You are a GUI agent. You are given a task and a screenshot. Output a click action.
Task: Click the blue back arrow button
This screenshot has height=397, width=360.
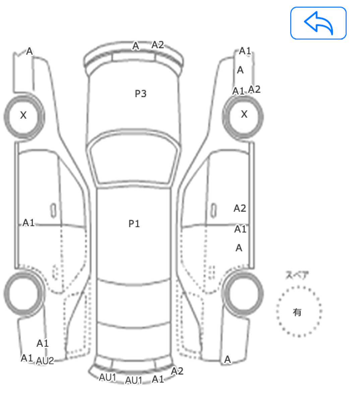tap(318, 23)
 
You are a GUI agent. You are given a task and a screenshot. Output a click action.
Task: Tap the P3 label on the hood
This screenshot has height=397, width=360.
tap(140, 94)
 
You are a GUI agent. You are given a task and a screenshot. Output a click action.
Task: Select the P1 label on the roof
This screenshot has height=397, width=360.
tap(134, 224)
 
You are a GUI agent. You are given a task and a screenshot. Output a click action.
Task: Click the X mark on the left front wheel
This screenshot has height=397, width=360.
tap(23, 115)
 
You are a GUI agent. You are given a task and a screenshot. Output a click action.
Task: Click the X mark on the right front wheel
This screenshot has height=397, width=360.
tap(244, 114)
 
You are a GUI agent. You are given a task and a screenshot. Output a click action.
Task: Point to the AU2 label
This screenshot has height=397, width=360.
tap(45, 361)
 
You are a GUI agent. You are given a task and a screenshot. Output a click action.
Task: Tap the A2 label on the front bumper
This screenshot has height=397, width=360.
tap(158, 45)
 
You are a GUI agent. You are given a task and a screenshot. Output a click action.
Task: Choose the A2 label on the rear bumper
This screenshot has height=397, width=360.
tap(177, 371)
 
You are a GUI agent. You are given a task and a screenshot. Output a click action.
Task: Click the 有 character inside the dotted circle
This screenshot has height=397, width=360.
tap(297, 312)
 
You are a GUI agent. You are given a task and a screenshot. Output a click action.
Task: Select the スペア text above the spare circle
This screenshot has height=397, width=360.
tap(297, 275)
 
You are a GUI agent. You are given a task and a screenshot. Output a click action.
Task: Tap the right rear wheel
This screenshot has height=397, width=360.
tap(243, 294)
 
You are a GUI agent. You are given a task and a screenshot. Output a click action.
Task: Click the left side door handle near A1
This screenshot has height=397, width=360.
tap(53, 211)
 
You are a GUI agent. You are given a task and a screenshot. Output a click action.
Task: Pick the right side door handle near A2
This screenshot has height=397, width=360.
tap(214, 210)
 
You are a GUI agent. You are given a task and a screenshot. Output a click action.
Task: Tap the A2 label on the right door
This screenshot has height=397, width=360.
tap(240, 208)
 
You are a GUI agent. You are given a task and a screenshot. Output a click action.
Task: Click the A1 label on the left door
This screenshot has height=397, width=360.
tap(28, 223)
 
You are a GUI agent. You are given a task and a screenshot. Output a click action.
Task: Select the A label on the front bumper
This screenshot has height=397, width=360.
tap(135, 46)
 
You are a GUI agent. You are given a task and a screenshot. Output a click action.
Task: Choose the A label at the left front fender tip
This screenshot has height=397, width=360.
tap(29, 51)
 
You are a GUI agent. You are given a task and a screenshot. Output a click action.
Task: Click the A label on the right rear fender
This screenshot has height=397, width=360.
tap(228, 359)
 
